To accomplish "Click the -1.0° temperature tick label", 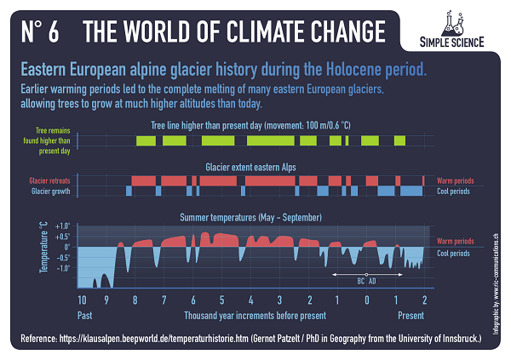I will tap(61, 267).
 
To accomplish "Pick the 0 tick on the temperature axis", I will tap(66, 248).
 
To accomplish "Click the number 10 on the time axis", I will tap(82, 300).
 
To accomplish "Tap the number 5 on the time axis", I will tap(221, 300).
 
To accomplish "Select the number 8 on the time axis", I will tap(135, 300).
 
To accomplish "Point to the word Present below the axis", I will tap(411, 315).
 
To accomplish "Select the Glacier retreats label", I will tap(49, 181).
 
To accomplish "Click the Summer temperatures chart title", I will tap(256, 217).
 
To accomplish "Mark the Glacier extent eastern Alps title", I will tap(255, 168).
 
